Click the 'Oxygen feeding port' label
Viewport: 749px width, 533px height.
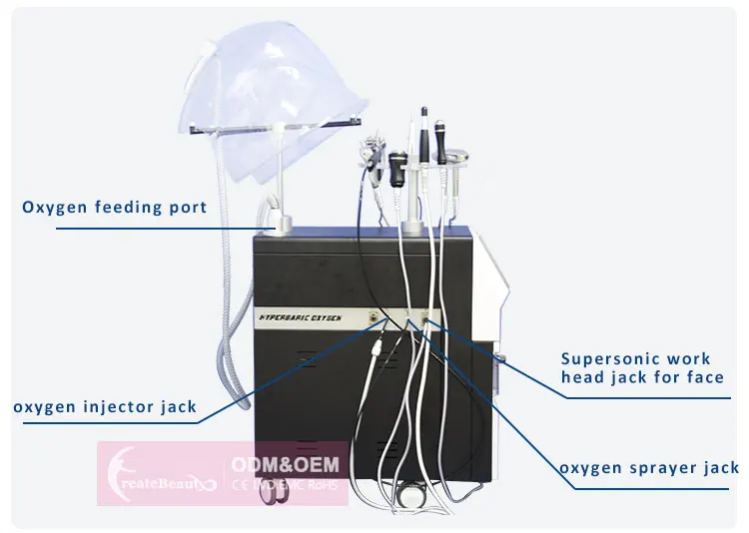115,208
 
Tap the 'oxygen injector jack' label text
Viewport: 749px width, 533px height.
105,406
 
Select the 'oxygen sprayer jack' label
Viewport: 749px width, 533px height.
649,467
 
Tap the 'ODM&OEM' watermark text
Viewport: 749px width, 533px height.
286,465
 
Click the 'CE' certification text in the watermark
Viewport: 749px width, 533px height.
238,485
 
